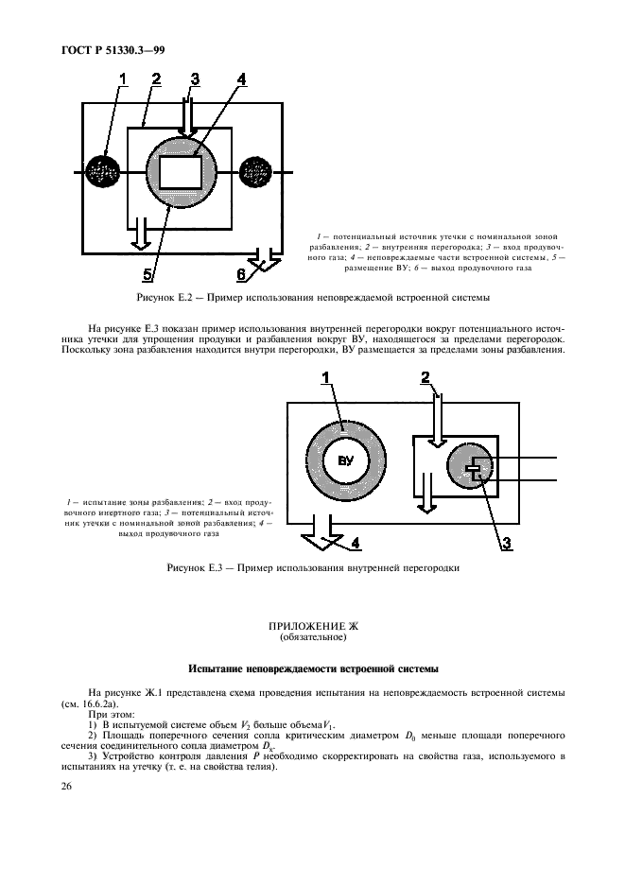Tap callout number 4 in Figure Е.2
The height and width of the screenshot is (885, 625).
click(x=241, y=79)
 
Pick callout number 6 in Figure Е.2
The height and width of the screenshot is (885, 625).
click(x=241, y=273)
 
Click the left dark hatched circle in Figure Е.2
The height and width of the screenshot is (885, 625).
click(x=103, y=172)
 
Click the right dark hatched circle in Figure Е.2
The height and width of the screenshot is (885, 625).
click(x=255, y=172)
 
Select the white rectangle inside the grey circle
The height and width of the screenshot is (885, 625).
click(x=182, y=173)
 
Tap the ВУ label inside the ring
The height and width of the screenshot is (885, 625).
click(x=345, y=460)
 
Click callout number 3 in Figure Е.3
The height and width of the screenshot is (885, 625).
click(x=506, y=542)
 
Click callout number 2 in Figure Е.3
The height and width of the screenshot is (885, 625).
click(x=425, y=378)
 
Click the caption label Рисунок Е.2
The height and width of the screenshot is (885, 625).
click(x=169, y=299)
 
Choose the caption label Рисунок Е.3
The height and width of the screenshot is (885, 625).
click(x=200, y=569)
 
